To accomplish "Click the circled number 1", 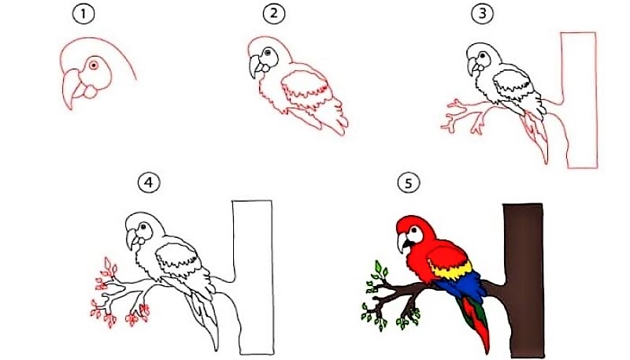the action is click(x=83, y=14).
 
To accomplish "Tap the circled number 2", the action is click(x=274, y=14).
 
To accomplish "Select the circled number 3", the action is click(x=483, y=14).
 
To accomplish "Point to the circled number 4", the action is click(x=149, y=184).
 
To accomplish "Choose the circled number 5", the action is click(x=409, y=184).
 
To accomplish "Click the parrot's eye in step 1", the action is click(x=94, y=65).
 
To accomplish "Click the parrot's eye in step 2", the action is click(x=266, y=53).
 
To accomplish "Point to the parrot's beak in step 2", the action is click(x=254, y=67).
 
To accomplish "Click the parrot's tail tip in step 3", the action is click(x=546, y=161).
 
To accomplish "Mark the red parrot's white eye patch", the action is click(x=415, y=234).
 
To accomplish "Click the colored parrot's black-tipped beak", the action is click(x=402, y=243).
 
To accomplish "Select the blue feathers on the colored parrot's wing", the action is click(x=462, y=286).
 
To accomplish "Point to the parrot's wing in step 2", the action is click(x=307, y=91).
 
